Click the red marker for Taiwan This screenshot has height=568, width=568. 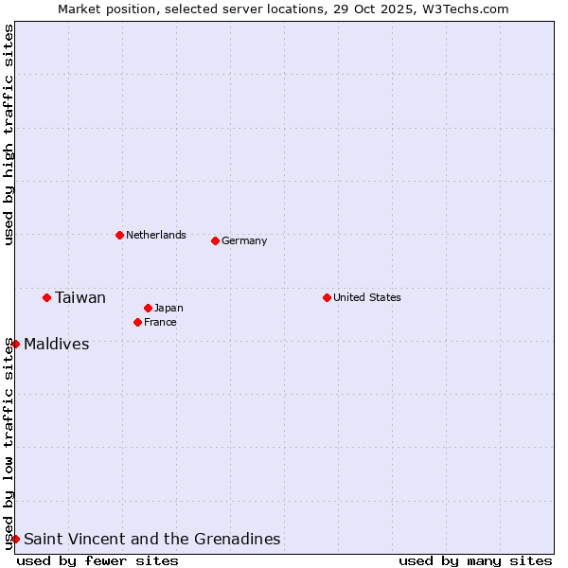click(x=46, y=298)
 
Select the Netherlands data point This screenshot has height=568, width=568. click(x=119, y=235)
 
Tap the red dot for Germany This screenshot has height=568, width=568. click(x=215, y=240)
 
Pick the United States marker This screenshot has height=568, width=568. click(x=327, y=297)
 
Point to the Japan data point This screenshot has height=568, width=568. click(x=148, y=308)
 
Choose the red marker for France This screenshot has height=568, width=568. click(x=137, y=322)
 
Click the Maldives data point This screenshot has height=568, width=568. click(x=16, y=344)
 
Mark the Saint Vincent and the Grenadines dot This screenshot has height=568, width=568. click(x=16, y=539)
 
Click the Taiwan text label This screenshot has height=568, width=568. click(x=80, y=298)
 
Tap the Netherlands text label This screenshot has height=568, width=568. click(x=156, y=235)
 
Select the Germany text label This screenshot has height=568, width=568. click(x=244, y=240)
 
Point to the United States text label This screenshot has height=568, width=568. click(x=367, y=297)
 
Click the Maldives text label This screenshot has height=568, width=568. click(x=57, y=344)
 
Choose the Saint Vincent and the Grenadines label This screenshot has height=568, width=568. click(x=152, y=539)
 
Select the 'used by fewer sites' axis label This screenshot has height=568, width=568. click(x=98, y=560)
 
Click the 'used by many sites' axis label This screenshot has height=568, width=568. click(x=475, y=560)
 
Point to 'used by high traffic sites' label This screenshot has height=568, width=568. click(x=9, y=134)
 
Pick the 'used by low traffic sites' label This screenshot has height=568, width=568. click(x=9, y=443)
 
